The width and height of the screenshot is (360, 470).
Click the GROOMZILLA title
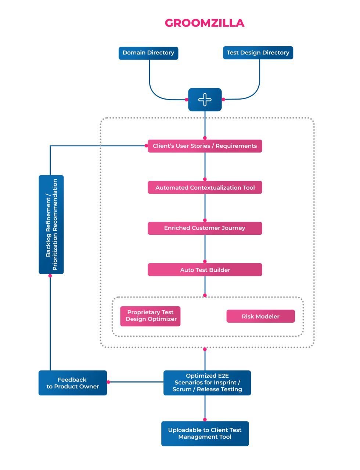click(204, 23)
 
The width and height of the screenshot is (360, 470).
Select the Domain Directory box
click(148, 53)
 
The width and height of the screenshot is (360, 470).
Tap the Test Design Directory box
click(258, 53)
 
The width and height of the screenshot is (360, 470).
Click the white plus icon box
click(205, 100)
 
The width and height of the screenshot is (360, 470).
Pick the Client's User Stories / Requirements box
click(205, 146)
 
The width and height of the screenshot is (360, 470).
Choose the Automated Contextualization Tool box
click(205, 187)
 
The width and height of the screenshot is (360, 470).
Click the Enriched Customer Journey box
click(205, 228)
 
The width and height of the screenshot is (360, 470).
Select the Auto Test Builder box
click(205, 270)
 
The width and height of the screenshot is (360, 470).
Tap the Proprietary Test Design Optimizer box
click(150, 316)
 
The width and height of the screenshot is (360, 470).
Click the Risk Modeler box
click(260, 316)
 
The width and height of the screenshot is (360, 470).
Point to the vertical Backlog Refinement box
click(51, 225)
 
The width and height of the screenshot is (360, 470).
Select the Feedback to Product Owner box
click(72, 383)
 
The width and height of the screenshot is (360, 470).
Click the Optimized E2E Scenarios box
click(207, 383)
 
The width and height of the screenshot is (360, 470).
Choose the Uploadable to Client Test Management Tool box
click(205, 434)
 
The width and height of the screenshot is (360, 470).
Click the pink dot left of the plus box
click(187, 100)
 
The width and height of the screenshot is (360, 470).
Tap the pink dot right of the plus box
click(223, 99)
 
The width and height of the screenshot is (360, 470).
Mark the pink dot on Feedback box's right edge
click(108, 382)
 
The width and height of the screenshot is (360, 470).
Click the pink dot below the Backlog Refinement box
click(50, 276)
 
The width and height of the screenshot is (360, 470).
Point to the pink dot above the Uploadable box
click(205, 419)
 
